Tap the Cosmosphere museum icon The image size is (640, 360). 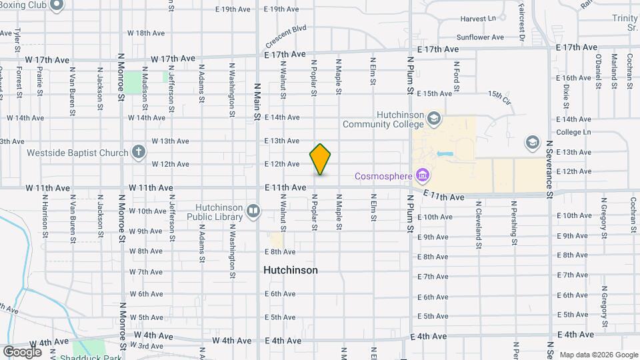point(421,176)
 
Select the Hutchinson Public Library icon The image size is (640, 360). point(253,212)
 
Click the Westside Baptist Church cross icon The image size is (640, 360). point(138,153)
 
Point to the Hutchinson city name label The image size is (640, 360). point(290,271)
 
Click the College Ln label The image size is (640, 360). point(573,132)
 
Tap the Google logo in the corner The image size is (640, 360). point(22,351)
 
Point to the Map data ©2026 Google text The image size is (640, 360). point(599,354)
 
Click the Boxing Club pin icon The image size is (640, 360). point(57,6)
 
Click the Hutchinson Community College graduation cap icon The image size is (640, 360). point(435,119)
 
